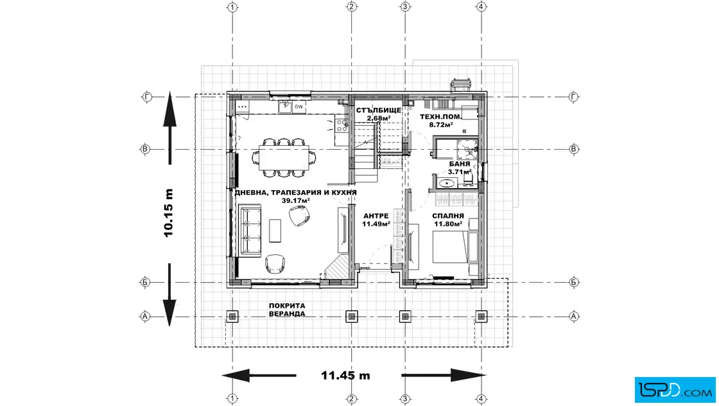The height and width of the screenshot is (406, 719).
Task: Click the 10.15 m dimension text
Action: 169,213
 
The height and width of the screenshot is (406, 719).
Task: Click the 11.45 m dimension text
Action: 345,375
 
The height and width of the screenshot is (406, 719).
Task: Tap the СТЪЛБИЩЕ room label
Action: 379,110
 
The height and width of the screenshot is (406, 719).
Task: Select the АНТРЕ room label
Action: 376,216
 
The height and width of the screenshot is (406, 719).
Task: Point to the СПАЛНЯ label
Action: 448,216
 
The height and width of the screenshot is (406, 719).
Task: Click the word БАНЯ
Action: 460,164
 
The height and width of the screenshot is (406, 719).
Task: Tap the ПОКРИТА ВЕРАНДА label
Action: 287,310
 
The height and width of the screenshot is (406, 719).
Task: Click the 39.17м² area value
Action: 296,200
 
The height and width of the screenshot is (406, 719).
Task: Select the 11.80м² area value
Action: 448,224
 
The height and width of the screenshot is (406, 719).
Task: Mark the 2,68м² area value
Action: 379,118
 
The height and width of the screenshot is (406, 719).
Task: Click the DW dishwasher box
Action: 299,107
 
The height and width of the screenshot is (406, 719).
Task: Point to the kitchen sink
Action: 285,107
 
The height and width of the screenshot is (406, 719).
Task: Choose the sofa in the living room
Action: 250,230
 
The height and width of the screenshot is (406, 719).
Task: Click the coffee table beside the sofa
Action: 275,230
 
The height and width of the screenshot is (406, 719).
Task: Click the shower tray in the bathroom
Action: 467,150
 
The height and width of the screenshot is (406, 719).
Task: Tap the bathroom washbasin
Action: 446,184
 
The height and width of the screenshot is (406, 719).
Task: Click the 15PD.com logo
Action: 675,390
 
